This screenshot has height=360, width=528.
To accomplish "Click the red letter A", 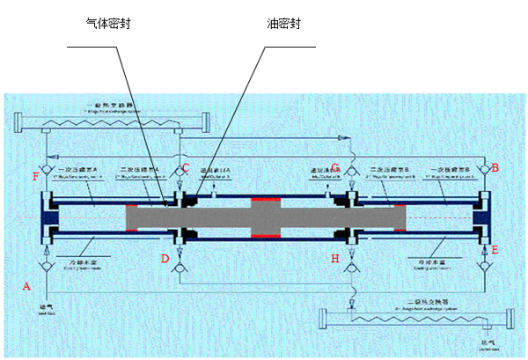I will pos(26,286).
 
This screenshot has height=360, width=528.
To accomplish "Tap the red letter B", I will pos(495,167).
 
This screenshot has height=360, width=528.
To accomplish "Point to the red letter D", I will pos(165,259).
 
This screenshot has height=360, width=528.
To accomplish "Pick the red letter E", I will pos(495,250).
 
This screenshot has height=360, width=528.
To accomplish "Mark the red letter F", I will pos(35,177).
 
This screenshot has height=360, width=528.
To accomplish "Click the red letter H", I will pos(334,259).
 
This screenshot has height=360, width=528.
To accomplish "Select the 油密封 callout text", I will pos(282,24).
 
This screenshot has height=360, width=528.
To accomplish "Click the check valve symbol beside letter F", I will pos(47,167).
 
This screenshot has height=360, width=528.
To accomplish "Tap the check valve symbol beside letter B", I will pos(482,167).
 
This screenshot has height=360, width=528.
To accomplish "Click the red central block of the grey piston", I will pos(265,217).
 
